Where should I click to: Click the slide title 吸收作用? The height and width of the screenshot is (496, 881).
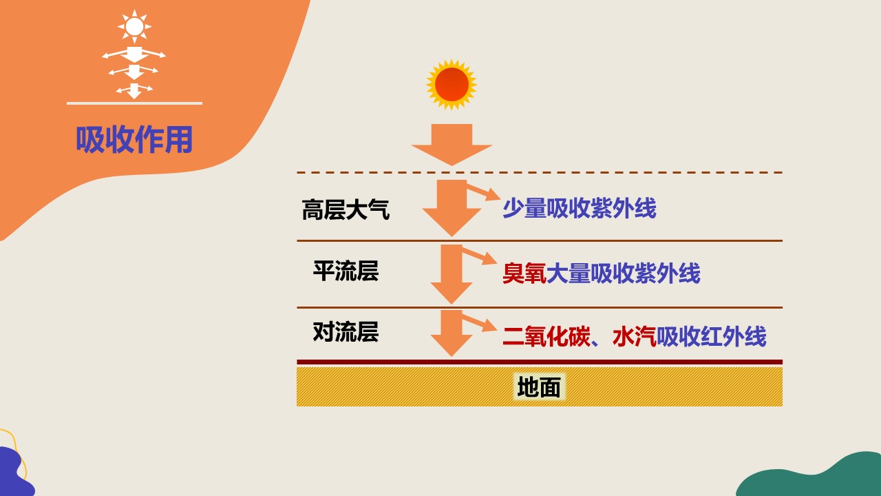click(134, 139)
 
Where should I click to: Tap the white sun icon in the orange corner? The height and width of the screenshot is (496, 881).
click(134, 26)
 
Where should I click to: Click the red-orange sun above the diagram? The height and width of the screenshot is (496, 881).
click(452, 85)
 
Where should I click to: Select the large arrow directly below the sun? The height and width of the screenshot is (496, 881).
click(452, 145)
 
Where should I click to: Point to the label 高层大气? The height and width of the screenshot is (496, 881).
click(346, 209)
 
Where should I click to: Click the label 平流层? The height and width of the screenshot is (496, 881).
click(346, 271)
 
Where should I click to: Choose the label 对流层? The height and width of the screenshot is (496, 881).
click(346, 332)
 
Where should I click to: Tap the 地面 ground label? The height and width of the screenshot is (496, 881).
click(539, 387)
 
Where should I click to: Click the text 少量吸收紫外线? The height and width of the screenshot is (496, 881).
click(580, 208)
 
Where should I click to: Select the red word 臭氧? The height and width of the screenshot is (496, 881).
click(524, 273)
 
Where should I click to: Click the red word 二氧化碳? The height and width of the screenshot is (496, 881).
click(546, 336)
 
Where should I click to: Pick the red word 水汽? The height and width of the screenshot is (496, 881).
click(635, 336)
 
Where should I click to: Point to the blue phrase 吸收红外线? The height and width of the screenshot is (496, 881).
click(712, 336)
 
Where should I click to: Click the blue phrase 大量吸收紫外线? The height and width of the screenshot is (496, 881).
click(624, 273)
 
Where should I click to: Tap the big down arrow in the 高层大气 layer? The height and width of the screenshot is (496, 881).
click(452, 209)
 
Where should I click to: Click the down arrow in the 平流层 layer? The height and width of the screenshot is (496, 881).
click(452, 274)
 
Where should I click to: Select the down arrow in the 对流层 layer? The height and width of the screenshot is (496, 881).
click(452, 333)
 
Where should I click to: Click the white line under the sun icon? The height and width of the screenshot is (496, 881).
click(134, 103)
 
